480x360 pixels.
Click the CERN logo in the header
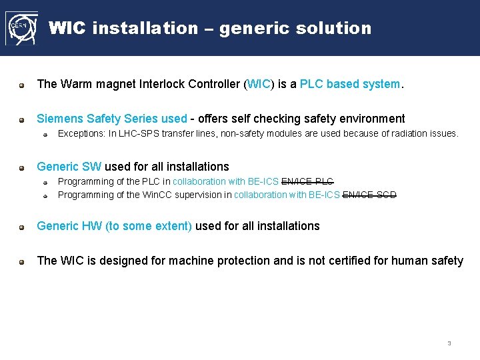tap(21, 29)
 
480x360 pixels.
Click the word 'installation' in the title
tap(145, 28)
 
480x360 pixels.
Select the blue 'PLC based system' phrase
tap(351, 84)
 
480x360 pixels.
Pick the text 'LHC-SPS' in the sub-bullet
tap(137, 133)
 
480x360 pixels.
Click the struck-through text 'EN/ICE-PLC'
tap(307, 181)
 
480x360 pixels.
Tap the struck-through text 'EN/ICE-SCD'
tap(369, 195)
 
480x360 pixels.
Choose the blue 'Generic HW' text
tap(69, 226)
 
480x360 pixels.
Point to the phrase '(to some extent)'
tap(149, 226)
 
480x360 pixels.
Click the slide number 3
tap(449, 343)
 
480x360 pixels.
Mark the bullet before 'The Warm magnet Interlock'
tap(22, 85)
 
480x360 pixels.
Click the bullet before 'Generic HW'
tap(22, 227)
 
